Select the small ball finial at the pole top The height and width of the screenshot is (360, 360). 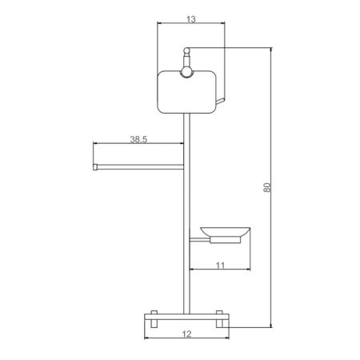click(x=186, y=50)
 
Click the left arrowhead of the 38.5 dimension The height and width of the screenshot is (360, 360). click(x=97, y=144)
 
